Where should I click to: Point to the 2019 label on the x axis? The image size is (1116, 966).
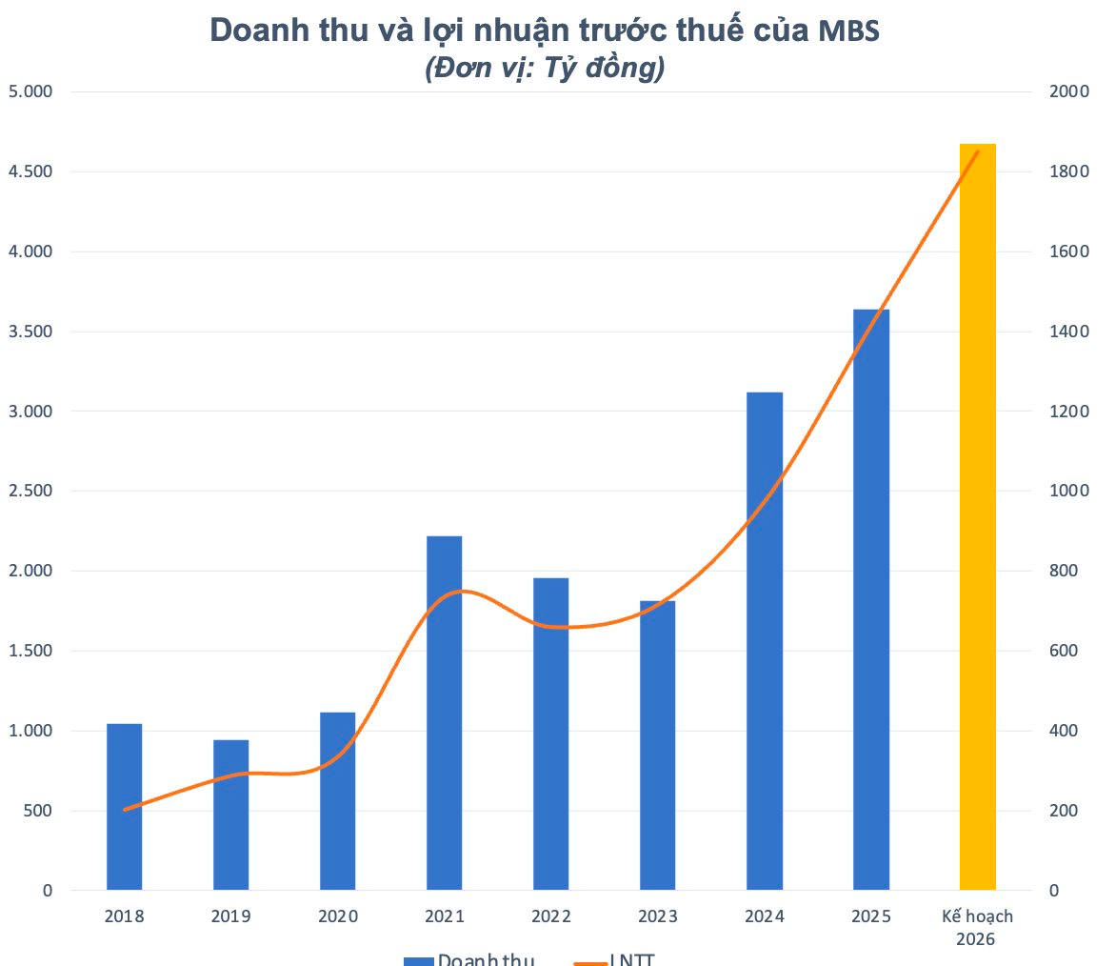pos(230,916)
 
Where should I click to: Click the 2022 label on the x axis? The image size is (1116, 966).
pos(550,916)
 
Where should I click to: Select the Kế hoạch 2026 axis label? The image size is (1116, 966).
pos(977,927)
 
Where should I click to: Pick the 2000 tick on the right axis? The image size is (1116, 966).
pos(1068,91)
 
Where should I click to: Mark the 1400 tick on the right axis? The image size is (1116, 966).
pos(1068,332)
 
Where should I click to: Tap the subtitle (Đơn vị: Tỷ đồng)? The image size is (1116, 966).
pos(544,69)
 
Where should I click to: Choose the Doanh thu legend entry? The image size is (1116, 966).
pos(468,958)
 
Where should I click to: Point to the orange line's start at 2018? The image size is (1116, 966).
pos(125,810)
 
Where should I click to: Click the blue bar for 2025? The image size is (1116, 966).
pos(870,599)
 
